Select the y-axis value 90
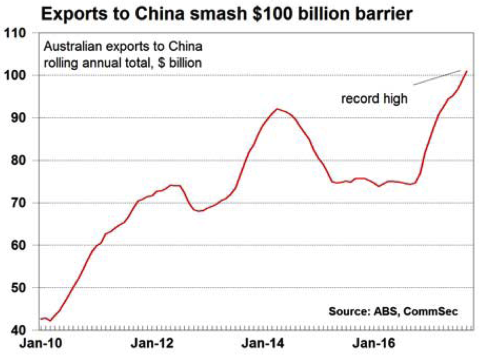click(x=18, y=118)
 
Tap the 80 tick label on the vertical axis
click(x=18, y=161)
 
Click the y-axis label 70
click(x=18, y=203)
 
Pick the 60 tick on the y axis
click(x=18, y=246)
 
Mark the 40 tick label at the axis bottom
click(x=18, y=330)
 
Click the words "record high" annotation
click(x=375, y=98)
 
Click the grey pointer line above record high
click(x=434, y=78)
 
